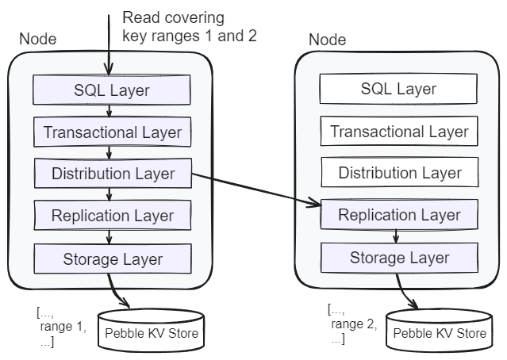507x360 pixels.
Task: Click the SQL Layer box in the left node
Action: coord(112,90)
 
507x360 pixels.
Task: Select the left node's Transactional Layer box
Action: coord(112,132)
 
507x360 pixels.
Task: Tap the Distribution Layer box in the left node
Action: coord(112,173)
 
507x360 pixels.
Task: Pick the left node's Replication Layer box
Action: coord(112,215)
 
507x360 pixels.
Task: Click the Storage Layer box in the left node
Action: coord(112,258)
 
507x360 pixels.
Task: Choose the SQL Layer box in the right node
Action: coord(399,88)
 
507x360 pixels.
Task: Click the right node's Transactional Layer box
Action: coord(399,131)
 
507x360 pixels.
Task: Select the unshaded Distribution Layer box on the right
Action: coord(399,172)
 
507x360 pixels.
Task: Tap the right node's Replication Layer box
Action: coord(399,214)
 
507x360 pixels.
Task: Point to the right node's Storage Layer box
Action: coord(399,257)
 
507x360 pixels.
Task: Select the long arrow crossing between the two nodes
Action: coord(254,190)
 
